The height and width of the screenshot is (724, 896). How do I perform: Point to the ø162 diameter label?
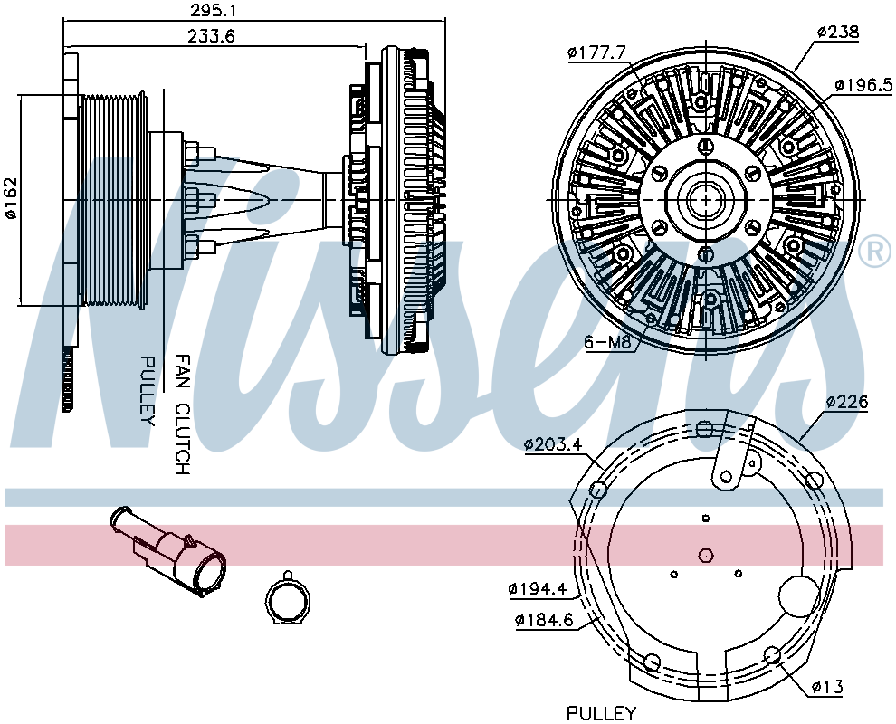(12, 198)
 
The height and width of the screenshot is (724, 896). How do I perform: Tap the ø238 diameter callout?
(837, 33)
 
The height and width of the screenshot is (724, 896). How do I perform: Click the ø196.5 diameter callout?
(863, 84)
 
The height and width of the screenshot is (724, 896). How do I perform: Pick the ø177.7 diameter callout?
(597, 52)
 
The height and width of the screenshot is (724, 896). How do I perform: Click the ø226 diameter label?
(847, 402)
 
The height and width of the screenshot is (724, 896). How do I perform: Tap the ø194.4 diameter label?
(538, 589)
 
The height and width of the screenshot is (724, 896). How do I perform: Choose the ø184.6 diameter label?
(544, 620)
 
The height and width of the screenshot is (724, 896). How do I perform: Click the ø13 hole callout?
(826, 688)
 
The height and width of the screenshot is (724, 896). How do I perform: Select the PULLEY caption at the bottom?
(601, 713)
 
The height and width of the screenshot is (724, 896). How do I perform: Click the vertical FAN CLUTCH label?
(182, 414)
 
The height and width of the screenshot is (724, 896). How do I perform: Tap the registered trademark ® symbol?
(873, 252)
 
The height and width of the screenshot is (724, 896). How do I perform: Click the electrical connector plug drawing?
(172, 553)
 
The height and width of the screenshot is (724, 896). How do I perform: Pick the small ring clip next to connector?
(288, 601)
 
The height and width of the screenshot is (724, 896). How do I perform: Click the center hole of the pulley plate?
(707, 554)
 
